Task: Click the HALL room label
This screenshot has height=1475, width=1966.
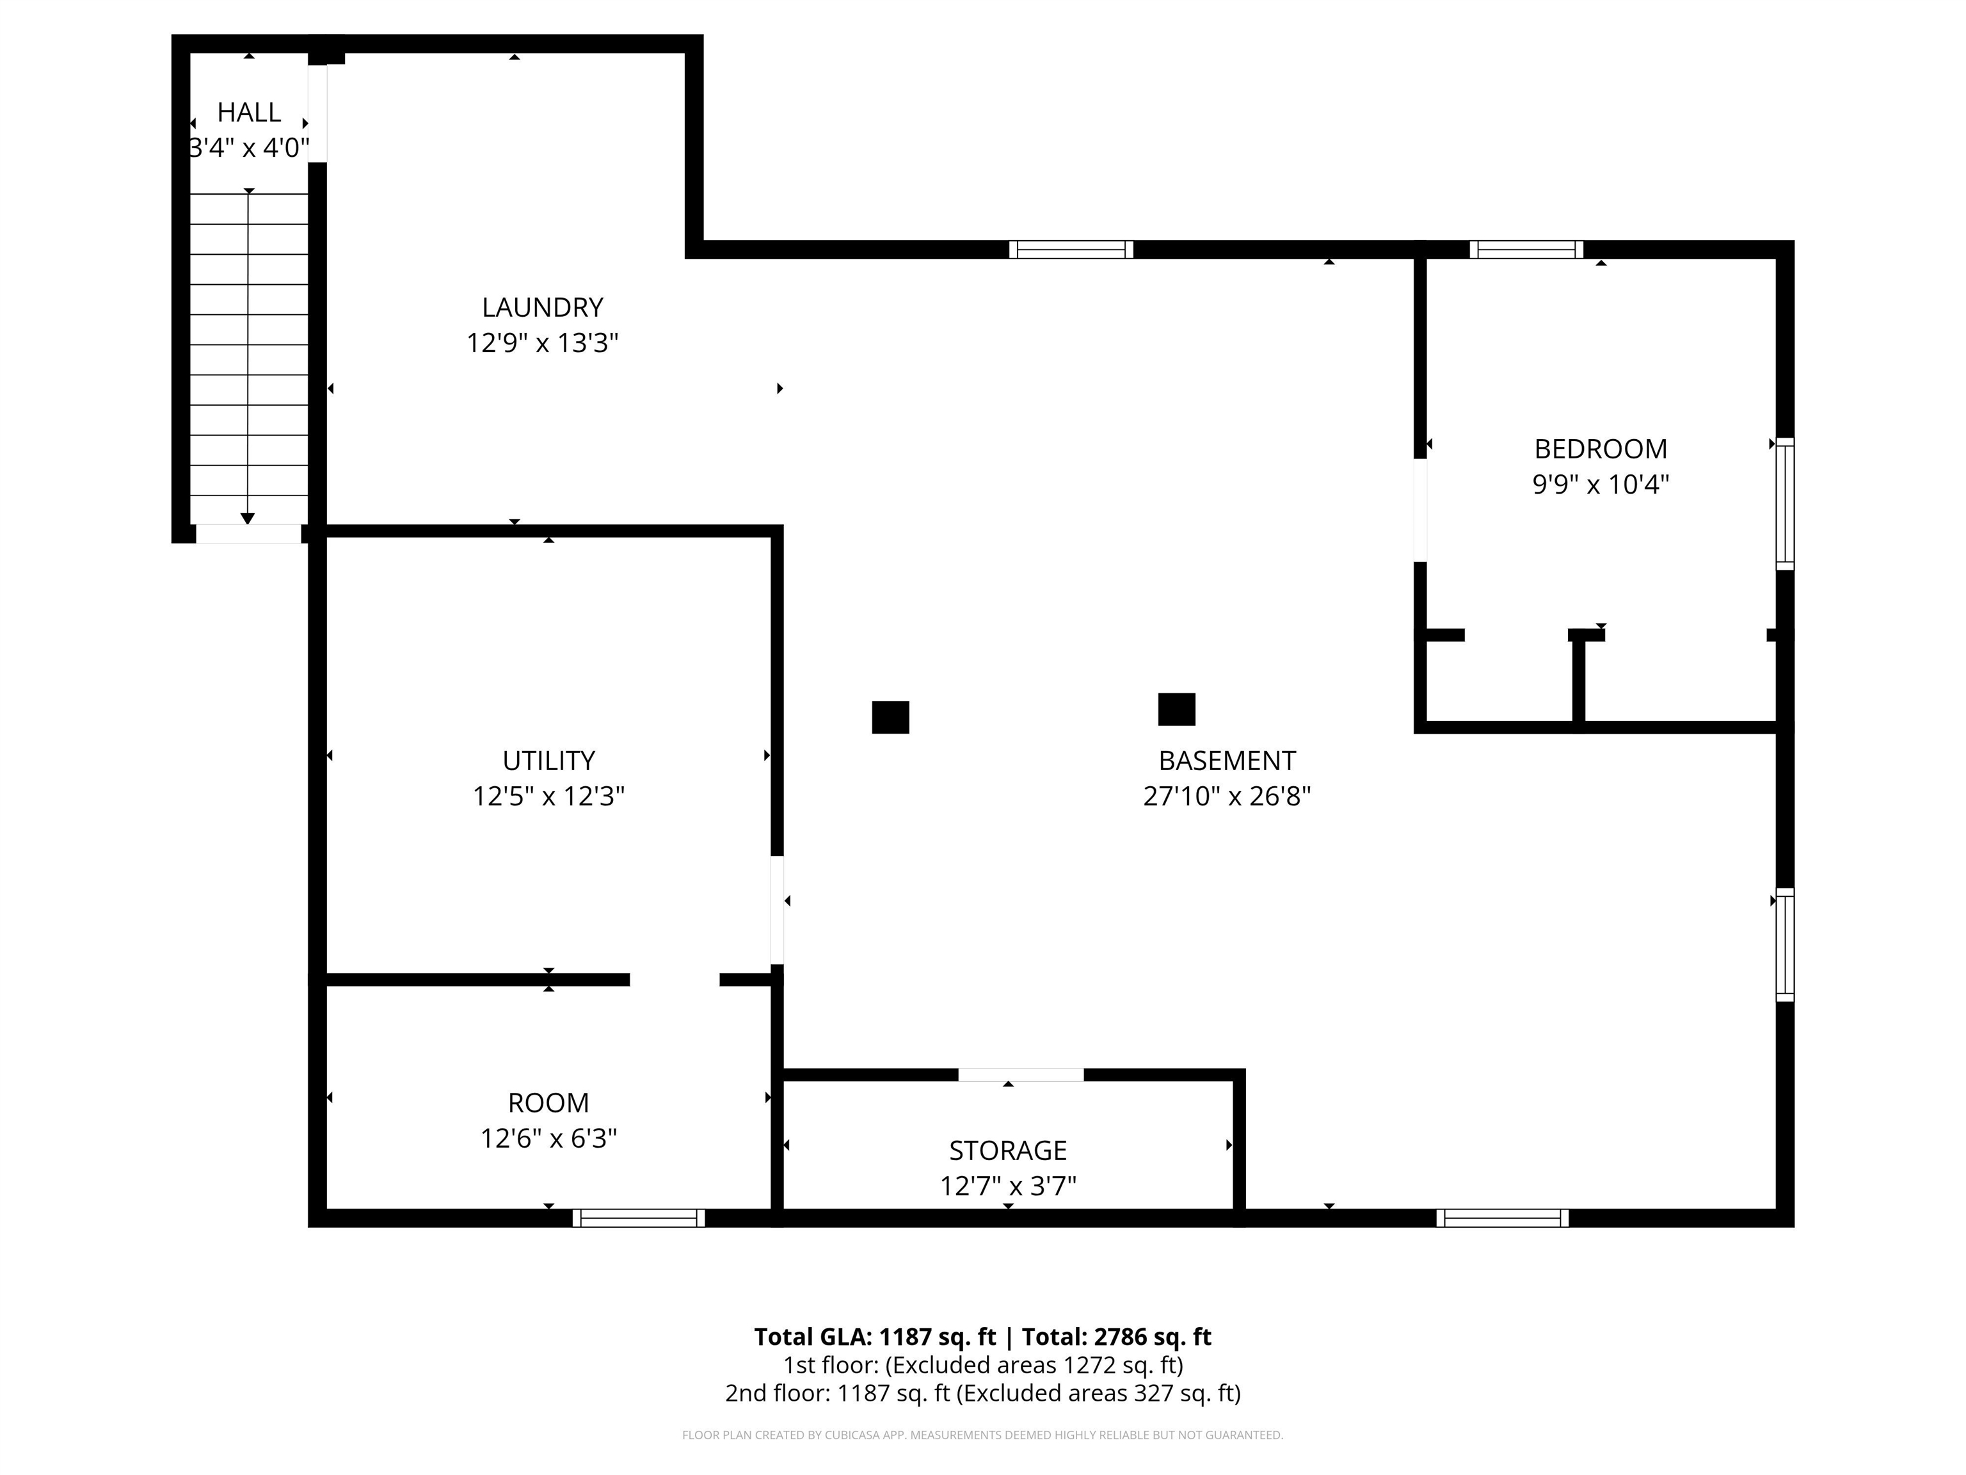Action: (x=249, y=112)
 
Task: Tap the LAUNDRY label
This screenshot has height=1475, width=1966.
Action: (x=542, y=308)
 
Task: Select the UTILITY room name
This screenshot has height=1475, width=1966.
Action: (x=548, y=761)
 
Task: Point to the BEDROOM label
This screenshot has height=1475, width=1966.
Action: (x=1601, y=449)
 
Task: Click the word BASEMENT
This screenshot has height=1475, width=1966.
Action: (x=1227, y=761)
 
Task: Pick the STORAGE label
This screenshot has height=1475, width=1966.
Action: (x=1008, y=1150)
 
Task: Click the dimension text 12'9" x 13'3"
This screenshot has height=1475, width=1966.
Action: (x=542, y=343)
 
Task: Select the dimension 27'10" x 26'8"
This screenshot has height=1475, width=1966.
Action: (x=1227, y=796)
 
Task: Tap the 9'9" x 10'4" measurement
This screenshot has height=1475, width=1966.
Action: (x=1601, y=485)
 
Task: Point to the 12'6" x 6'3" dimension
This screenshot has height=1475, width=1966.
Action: (x=548, y=1138)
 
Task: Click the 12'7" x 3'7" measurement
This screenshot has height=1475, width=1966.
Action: (x=1008, y=1186)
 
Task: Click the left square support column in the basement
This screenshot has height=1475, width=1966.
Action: (x=891, y=718)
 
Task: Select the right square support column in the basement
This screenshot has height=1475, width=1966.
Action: (x=1177, y=709)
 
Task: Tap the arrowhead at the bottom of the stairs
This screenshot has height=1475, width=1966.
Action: (x=248, y=519)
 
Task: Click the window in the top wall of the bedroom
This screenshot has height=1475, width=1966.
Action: (x=1526, y=250)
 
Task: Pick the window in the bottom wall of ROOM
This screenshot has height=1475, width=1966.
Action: (x=638, y=1218)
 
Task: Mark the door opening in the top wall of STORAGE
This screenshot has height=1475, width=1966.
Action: (x=1020, y=1075)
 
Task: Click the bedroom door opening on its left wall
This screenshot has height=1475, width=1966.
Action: (x=1420, y=510)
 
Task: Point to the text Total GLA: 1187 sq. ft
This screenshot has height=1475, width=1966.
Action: (x=875, y=1337)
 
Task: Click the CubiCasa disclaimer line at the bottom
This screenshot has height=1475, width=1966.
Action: (x=982, y=1435)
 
